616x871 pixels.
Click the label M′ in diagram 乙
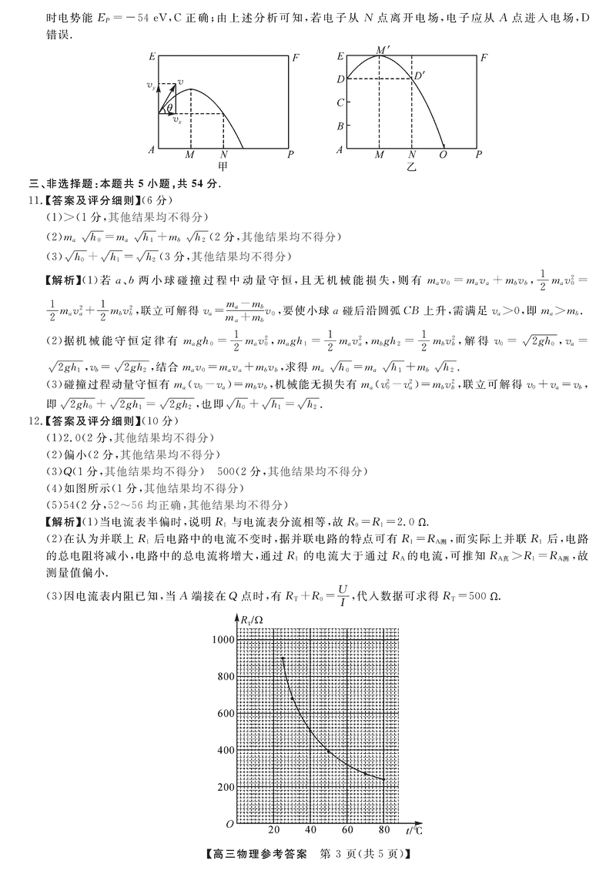click(383, 50)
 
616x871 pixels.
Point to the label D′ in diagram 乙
click(420, 75)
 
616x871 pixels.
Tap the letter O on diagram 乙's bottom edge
click(443, 155)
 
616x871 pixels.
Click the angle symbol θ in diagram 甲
click(170, 108)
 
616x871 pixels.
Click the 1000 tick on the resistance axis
click(224, 640)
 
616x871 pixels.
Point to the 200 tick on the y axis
click(226, 787)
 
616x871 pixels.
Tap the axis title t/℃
click(413, 830)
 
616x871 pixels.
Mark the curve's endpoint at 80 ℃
click(383, 779)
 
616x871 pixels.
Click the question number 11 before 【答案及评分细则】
click(35, 202)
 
